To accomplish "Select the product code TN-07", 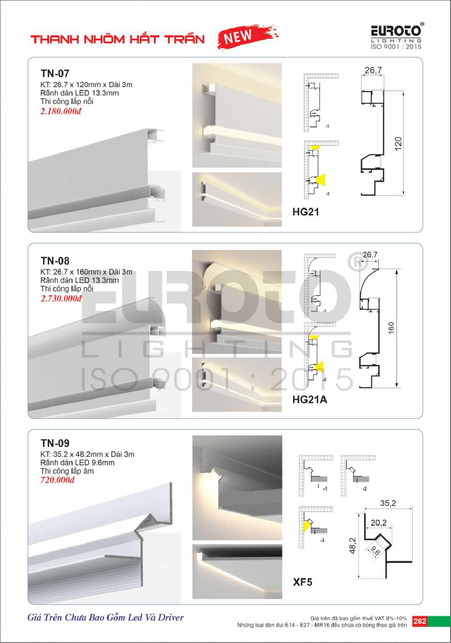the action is point(55,74).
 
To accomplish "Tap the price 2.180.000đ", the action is point(61,111).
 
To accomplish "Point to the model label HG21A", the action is point(310,400).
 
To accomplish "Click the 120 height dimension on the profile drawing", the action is point(398,142).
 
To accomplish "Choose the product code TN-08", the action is point(55,261).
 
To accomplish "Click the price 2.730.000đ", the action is point(61,299).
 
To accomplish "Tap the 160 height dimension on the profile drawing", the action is point(391,328).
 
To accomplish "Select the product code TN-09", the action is point(55,443).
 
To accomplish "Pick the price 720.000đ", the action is point(57,480).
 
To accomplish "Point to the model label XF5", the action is point(303,582).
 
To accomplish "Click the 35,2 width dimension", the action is point(388,503).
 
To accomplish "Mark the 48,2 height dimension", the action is point(352,546).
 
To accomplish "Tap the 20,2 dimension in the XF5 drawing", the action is point(379,523).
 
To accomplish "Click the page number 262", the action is point(419,621).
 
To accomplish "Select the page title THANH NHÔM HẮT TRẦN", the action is point(118,39).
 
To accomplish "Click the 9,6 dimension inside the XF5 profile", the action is point(375,550).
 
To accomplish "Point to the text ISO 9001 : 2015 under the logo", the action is point(396,47).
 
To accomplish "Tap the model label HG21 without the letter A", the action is point(306,212).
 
